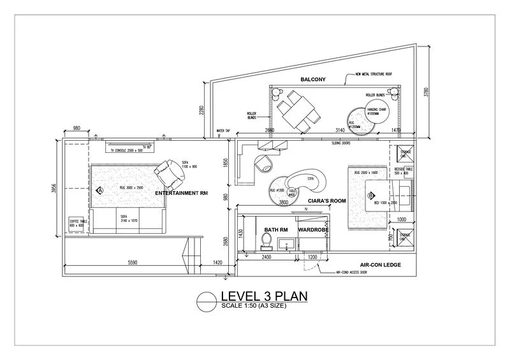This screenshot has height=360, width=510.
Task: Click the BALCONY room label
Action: tap(313, 80)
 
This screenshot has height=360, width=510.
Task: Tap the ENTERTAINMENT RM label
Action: tap(182, 193)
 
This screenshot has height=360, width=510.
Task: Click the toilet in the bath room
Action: tap(266, 241)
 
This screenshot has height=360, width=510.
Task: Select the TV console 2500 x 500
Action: tap(133, 148)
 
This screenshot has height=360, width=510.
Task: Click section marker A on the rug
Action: tap(100, 190)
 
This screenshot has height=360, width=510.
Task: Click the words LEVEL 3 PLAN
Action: tap(263, 296)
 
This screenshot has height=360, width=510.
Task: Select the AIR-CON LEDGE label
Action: tap(380, 265)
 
